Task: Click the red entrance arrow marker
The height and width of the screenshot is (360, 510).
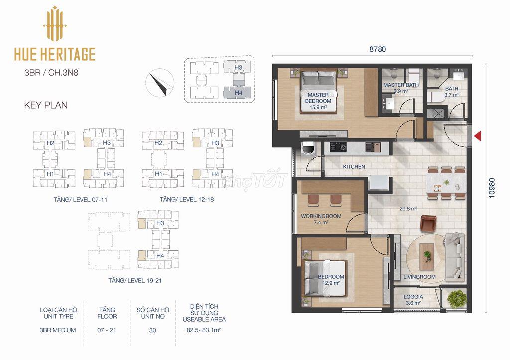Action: pyautogui.click(x=477, y=136)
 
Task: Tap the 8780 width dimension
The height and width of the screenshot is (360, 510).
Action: pyautogui.click(x=378, y=49)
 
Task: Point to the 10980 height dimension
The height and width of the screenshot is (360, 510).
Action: pyautogui.click(x=492, y=188)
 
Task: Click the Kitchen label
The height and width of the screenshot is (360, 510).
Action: pyautogui.click(x=354, y=166)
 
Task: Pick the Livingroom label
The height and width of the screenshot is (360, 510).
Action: pyautogui.click(x=419, y=277)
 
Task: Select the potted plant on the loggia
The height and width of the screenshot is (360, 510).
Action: pyautogui.click(x=457, y=299)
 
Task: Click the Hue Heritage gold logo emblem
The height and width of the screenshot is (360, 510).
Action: pyautogui.click(x=55, y=24)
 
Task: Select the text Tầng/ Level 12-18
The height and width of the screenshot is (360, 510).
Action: pyautogui.click(x=187, y=199)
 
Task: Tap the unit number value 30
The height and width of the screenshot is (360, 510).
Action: pyautogui.click(x=152, y=330)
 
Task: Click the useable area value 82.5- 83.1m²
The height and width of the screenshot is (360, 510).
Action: pyautogui.click(x=204, y=330)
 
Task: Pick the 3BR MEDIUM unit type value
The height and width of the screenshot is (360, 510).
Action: pyautogui.click(x=58, y=330)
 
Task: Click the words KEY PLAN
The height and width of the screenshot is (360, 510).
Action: pyautogui.click(x=46, y=105)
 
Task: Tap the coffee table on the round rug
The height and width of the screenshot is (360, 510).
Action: pyautogui.click(x=427, y=256)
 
